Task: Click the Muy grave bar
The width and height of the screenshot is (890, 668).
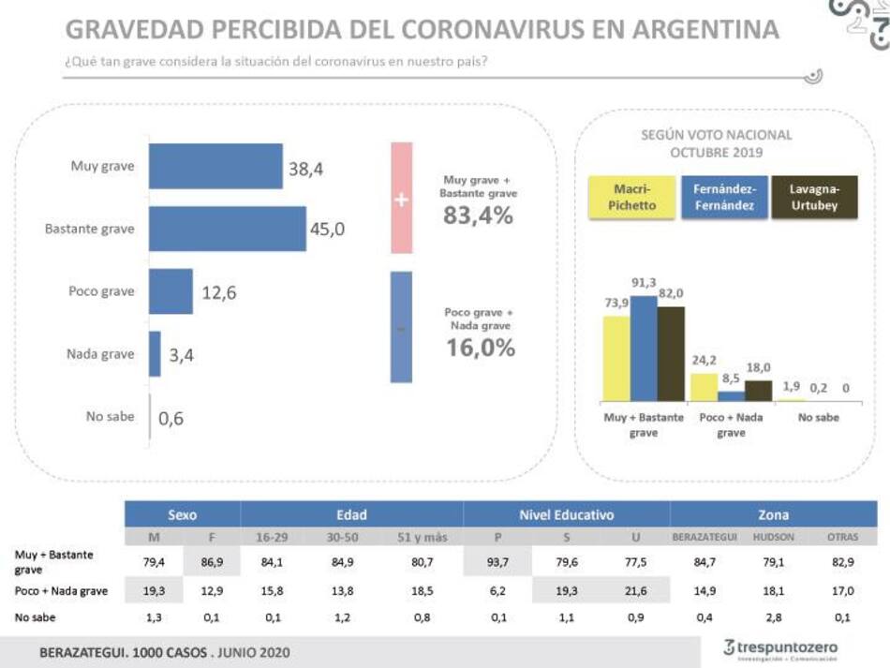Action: point(215,166)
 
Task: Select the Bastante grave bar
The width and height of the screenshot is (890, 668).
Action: point(228,229)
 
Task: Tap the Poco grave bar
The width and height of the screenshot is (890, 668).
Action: point(171,291)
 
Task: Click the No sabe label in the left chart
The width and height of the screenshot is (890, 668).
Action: point(111,417)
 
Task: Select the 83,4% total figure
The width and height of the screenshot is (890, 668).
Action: point(478,215)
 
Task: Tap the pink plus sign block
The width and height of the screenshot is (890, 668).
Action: point(401,198)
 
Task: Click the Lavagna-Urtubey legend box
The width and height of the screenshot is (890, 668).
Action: point(813,198)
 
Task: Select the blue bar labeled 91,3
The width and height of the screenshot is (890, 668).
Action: point(644,349)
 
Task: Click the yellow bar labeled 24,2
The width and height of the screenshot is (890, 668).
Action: point(704,387)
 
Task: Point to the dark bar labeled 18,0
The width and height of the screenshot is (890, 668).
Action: point(758,391)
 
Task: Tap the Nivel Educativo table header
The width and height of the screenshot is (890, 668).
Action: point(566,514)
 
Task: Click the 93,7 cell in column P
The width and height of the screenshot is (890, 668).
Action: point(497,562)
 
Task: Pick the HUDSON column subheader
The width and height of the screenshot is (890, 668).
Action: point(774,538)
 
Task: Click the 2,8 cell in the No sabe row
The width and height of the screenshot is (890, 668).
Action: point(774,617)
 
